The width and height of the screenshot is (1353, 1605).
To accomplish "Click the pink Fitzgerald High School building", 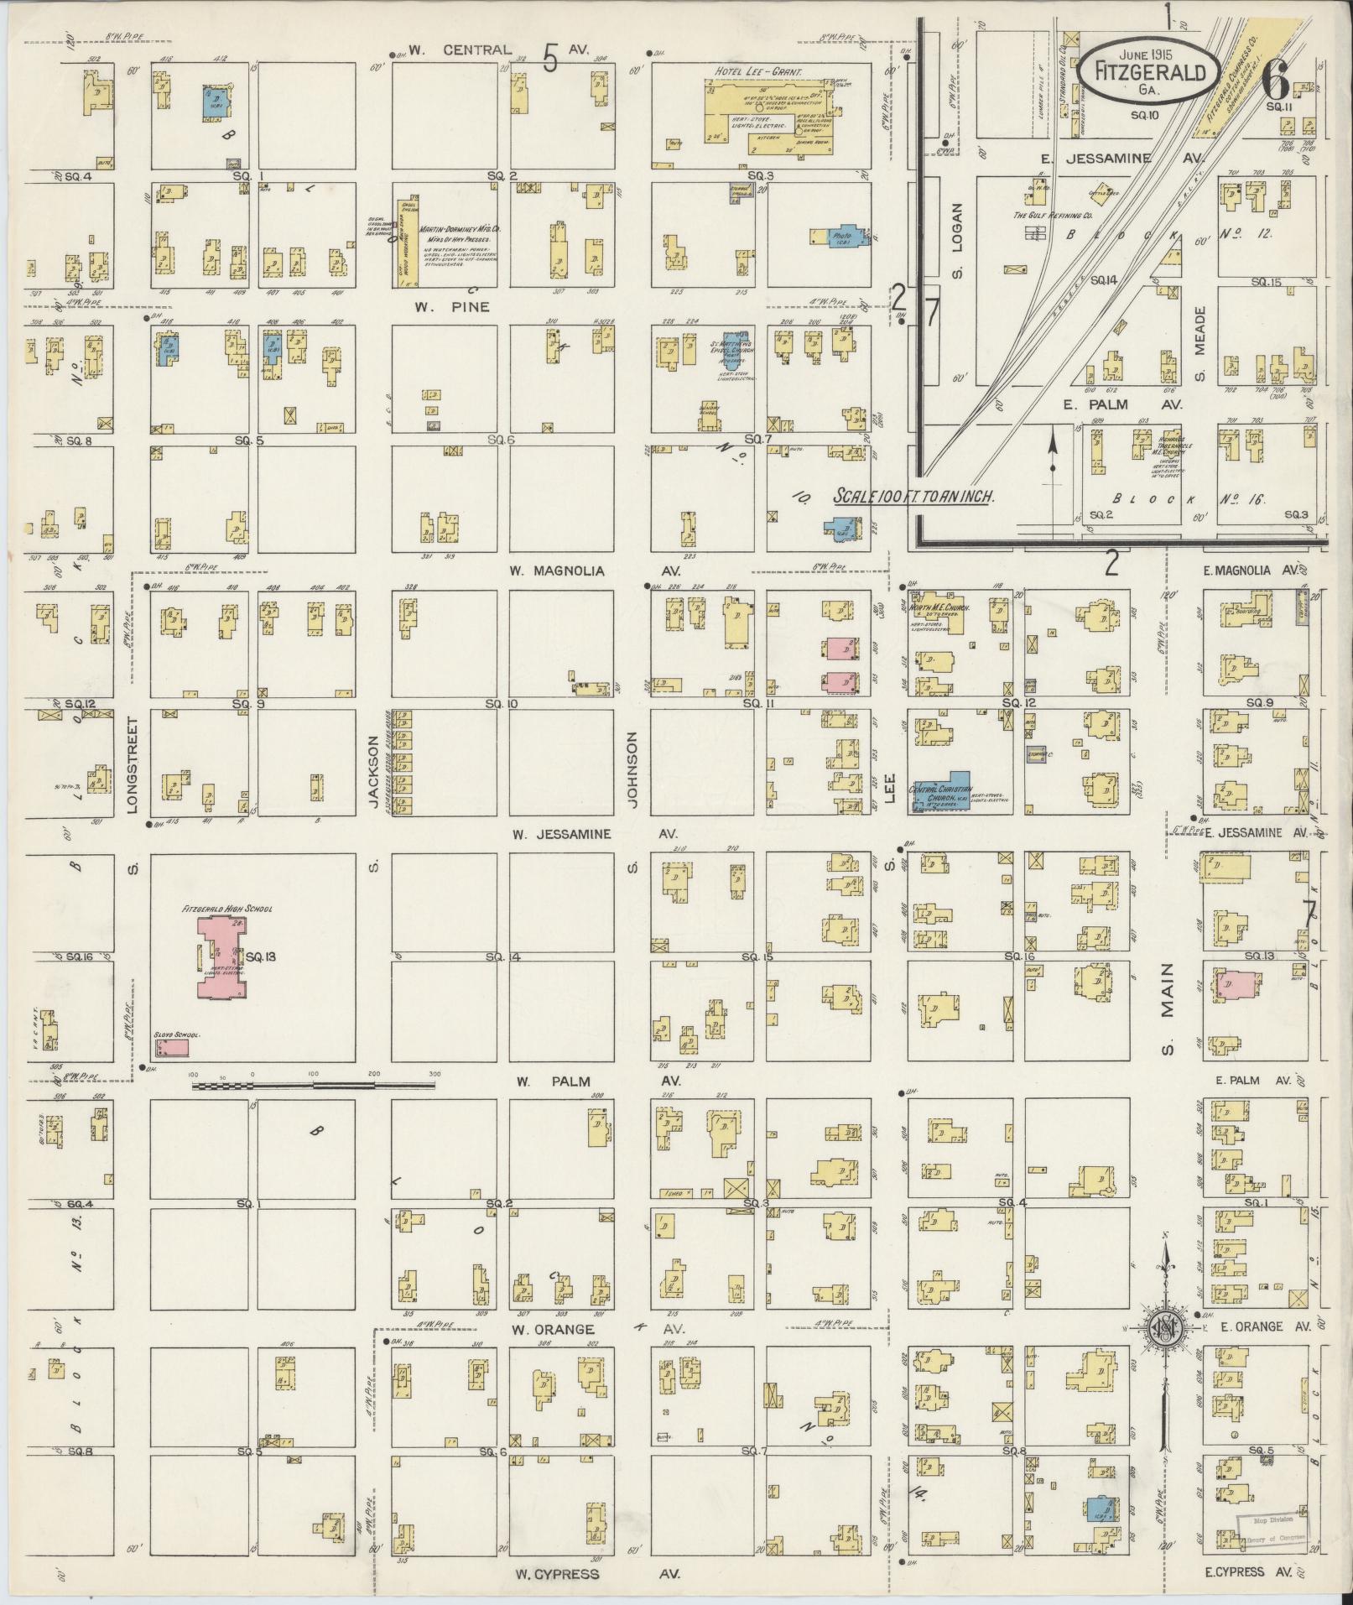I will pos(221,957).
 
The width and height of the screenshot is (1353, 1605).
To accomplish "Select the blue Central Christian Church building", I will pos(941,790).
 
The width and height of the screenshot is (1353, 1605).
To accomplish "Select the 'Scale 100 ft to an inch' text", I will pos(913,497).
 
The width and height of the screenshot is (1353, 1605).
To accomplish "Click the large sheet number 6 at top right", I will pos(1276,81).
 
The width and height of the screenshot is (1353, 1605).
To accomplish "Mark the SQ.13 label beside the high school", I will pos(256,956).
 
